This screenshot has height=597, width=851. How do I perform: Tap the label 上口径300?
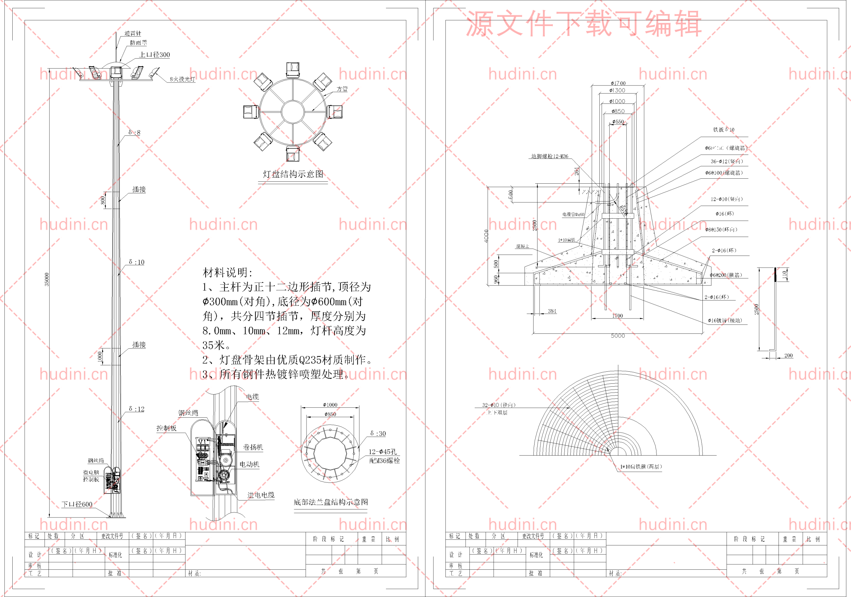click(154, 55)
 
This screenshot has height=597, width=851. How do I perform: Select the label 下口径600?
click(77, 504)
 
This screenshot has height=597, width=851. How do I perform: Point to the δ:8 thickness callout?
click(134, 132)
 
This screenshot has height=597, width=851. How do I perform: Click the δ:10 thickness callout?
click(136, 262)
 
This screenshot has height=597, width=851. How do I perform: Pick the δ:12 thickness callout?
click(136, 409)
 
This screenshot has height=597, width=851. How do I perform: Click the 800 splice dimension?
click(103, 200)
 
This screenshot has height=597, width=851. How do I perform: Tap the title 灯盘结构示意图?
click(293, 174)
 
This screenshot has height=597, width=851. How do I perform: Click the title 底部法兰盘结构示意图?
click(331, 502)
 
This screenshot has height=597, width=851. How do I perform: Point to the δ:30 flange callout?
click(378, 433)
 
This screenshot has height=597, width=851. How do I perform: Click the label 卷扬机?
click(253, 448)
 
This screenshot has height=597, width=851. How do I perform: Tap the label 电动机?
click(249, 465)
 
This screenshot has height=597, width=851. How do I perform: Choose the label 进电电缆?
click(261, 495)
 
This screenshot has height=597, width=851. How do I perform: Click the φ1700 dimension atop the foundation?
click(618, 83)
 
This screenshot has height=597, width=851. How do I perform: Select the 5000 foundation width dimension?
click(618, 336)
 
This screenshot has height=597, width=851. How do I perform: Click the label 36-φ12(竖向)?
click(726, 161)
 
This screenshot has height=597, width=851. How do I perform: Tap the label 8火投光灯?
click(182, 79)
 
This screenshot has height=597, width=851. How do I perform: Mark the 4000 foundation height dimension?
click(486, 236)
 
